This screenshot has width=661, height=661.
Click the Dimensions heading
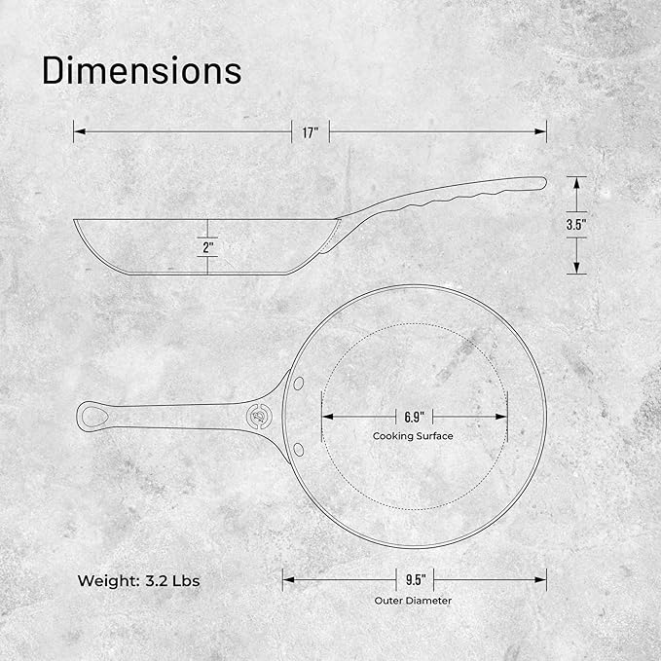coord(142,70)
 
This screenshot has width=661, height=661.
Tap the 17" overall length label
coord(311,132)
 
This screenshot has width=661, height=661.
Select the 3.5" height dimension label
coord(576,225)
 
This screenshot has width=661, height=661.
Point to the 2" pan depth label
coord(208,247)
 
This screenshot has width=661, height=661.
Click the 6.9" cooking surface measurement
coord(414,417)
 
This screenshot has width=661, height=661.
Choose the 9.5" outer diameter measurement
coord(416,579)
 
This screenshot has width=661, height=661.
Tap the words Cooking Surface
coord(413,436)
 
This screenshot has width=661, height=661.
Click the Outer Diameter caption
coord(413,601)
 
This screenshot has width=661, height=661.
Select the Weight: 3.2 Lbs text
coord(138,580)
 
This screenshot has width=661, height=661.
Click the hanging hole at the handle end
coord(94,417)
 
